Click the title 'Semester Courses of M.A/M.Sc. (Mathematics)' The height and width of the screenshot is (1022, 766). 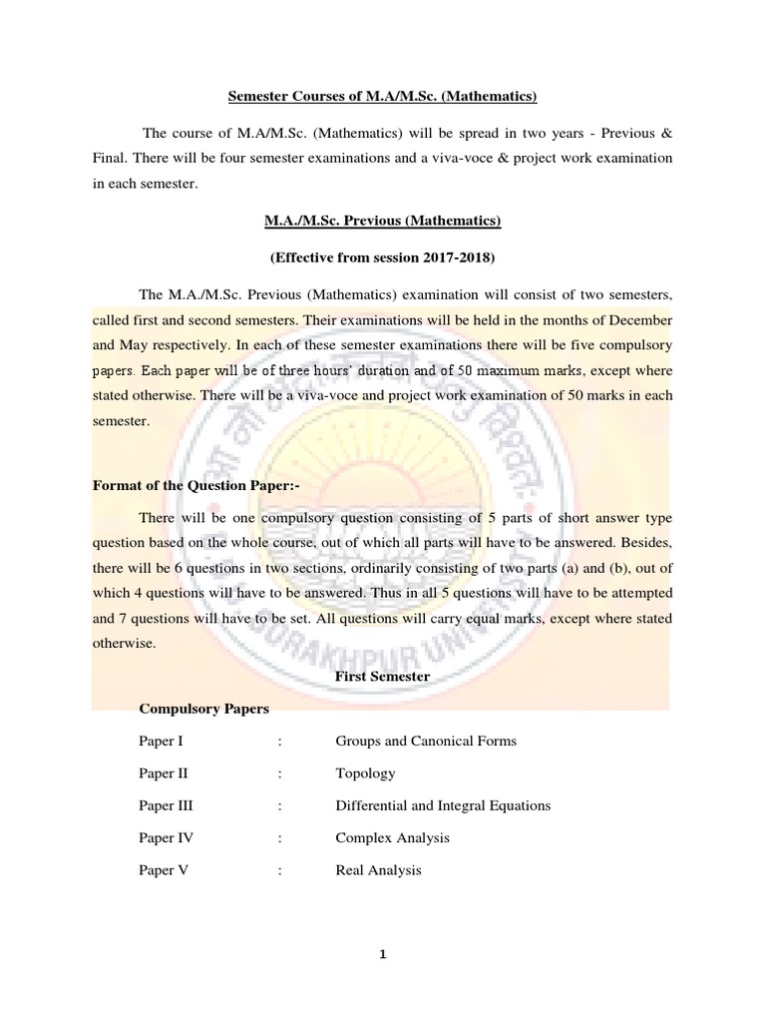click(383, 96)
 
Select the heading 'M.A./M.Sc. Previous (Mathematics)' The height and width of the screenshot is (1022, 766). click(382, 220)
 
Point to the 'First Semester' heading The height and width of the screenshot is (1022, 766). click(382, 677)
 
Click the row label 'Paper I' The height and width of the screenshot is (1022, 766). click(161, 742)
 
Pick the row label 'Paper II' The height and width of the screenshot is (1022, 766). click(163, 773)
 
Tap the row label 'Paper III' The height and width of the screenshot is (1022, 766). click(166, 805)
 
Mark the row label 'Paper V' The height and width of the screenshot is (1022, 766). click(163, 870)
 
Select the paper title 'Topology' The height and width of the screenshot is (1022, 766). click(365, 773)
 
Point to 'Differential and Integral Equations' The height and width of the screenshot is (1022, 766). click(443, 805)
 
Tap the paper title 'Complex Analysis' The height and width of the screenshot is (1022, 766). click(393, 837)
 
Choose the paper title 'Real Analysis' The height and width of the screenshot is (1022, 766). click(378, 870)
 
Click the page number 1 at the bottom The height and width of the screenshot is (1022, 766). click(383, 955)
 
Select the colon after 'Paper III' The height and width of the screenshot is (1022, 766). click(281, 805)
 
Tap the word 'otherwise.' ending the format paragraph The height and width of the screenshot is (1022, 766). click(125, 644)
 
